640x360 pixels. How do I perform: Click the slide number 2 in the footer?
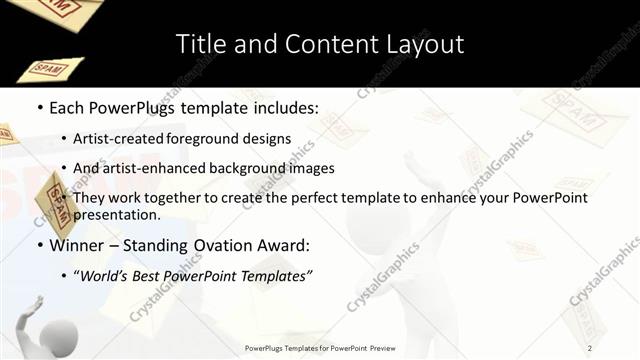(x=590, y=347)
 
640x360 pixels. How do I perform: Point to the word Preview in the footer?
(x=381, y=348)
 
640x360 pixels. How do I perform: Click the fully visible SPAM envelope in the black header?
(x=51, y=69)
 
